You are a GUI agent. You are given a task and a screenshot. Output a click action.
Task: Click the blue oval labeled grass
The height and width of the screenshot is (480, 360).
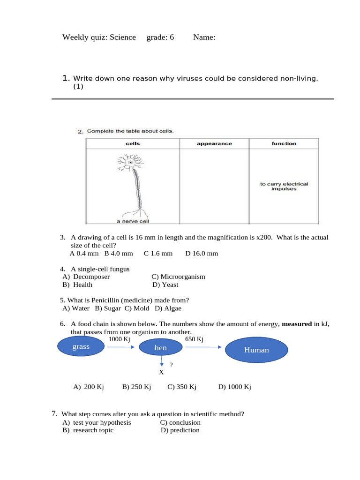[x=81, y=347]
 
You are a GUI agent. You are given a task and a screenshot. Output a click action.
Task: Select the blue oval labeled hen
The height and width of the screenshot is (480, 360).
[x=160, y=347]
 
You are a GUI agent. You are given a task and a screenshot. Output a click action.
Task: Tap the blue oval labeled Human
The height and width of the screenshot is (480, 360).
[x=256, y=350]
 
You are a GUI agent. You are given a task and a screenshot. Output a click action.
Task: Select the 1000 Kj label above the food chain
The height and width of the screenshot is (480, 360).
[x=119, y=339]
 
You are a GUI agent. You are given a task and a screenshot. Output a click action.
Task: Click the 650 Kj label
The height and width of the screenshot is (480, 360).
[x=195, y=339]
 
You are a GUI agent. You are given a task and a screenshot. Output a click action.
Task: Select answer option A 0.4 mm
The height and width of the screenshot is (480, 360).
[x=84, y=253]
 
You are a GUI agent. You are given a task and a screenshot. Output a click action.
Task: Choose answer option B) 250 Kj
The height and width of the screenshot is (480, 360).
[x=136, y=387]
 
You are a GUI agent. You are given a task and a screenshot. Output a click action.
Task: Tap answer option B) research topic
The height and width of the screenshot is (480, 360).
[x=88, y=430]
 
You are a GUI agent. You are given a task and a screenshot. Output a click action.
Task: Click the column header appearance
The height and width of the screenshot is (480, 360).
[x=214, y=143]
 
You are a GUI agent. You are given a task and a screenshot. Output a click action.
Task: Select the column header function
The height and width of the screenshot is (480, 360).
[x=284, y=143]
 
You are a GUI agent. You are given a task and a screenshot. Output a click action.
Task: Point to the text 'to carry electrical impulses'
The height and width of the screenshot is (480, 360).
[x=284, y=187]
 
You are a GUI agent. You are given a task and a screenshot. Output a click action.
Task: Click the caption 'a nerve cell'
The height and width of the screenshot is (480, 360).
[x=133, y=221]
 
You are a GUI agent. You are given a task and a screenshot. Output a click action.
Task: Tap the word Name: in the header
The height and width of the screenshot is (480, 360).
[x=204, y=37]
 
